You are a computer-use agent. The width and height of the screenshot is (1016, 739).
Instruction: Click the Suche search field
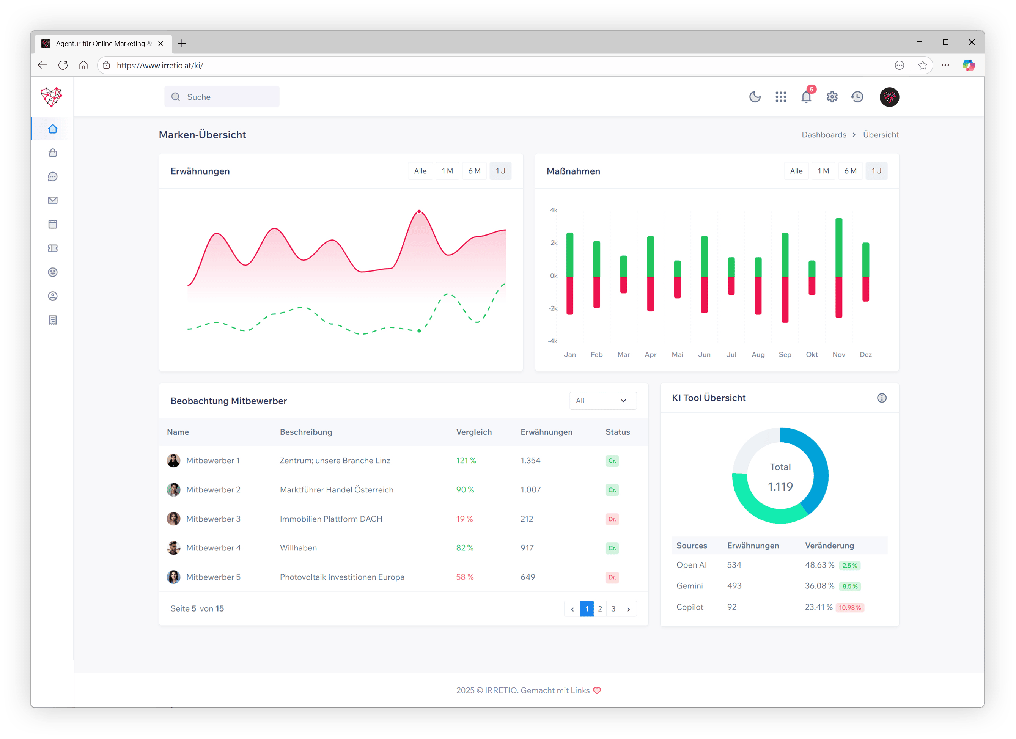coord(222,97)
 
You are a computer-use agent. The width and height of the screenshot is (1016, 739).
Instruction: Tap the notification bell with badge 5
coord(806,97)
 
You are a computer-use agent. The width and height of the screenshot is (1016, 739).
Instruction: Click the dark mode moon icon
coord(755,97)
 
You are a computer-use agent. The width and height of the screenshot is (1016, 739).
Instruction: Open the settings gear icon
coord(832,97)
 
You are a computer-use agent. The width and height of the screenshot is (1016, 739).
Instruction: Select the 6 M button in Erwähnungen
coord(474,171)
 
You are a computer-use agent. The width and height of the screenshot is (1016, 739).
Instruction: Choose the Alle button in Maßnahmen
coord(796,171)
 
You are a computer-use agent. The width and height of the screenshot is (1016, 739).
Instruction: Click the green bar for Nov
coord(838,247)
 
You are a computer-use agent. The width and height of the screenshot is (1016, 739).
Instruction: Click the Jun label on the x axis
coord(704,354)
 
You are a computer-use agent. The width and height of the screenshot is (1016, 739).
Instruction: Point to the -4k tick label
coord(553,341)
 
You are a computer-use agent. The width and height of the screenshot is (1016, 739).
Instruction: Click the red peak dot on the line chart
coord(419,211)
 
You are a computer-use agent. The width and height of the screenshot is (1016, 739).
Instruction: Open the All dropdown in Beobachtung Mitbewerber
coord(602,400)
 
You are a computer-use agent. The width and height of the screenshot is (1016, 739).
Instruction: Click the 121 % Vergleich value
coord(466,461)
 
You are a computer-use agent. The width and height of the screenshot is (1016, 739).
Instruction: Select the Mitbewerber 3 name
coord(213,519)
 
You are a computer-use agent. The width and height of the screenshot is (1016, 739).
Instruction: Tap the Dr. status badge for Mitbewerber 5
coord(612,577)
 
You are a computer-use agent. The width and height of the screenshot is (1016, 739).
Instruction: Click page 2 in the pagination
coord(600,608)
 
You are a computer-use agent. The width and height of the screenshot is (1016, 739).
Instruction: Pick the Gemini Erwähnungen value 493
coord(734,586)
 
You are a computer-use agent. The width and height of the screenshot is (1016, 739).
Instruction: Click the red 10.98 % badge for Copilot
coord(850,608)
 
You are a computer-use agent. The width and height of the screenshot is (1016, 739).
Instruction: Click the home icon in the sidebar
coord(53,129)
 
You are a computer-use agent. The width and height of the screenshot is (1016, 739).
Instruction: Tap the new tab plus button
coord(181,44)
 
